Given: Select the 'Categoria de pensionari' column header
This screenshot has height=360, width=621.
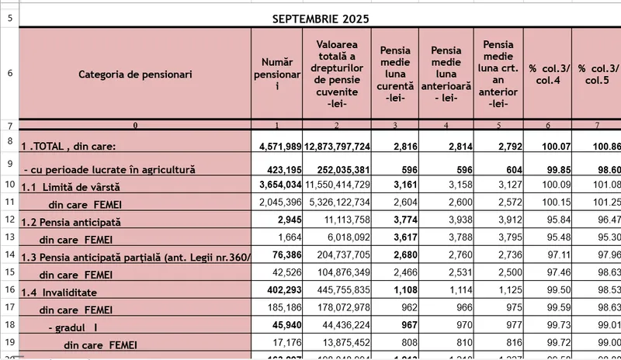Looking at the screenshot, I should pos(135,74).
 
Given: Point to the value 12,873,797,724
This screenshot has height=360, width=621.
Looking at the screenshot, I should pos(338,146).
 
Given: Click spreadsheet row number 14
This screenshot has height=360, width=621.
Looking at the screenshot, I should pos(9,254).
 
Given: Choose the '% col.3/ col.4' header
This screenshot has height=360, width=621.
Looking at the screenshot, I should pos(548,74).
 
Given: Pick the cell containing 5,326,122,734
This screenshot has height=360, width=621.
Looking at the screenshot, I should pos(338,202).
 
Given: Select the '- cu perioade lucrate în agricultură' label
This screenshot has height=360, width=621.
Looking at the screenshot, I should pos(109,168).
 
